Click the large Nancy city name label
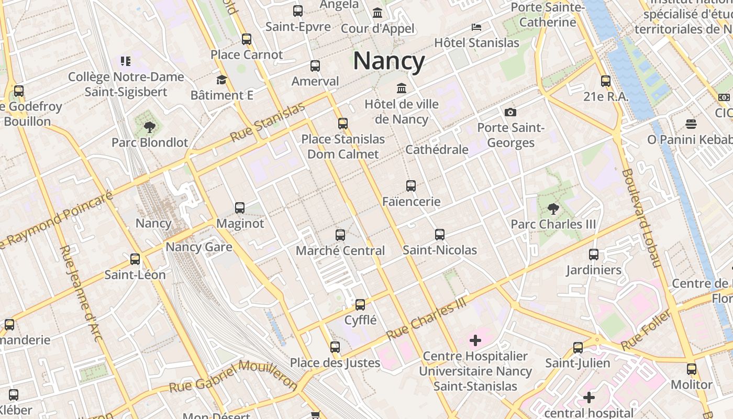388,61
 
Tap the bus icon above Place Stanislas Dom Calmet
343,124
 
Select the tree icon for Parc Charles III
553,209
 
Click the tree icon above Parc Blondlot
149,127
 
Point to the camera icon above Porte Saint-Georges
510,112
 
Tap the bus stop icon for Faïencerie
411,186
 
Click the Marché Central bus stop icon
340,235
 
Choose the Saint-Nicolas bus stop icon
440,235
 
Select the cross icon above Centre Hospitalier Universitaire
475,341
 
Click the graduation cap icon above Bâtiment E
221,80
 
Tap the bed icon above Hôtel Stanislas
476,27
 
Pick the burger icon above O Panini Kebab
691,124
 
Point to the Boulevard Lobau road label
642,217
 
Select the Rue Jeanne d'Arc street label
81,293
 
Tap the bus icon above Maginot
240,208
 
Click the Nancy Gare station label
199,247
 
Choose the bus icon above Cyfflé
360,305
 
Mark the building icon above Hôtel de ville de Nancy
402,88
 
